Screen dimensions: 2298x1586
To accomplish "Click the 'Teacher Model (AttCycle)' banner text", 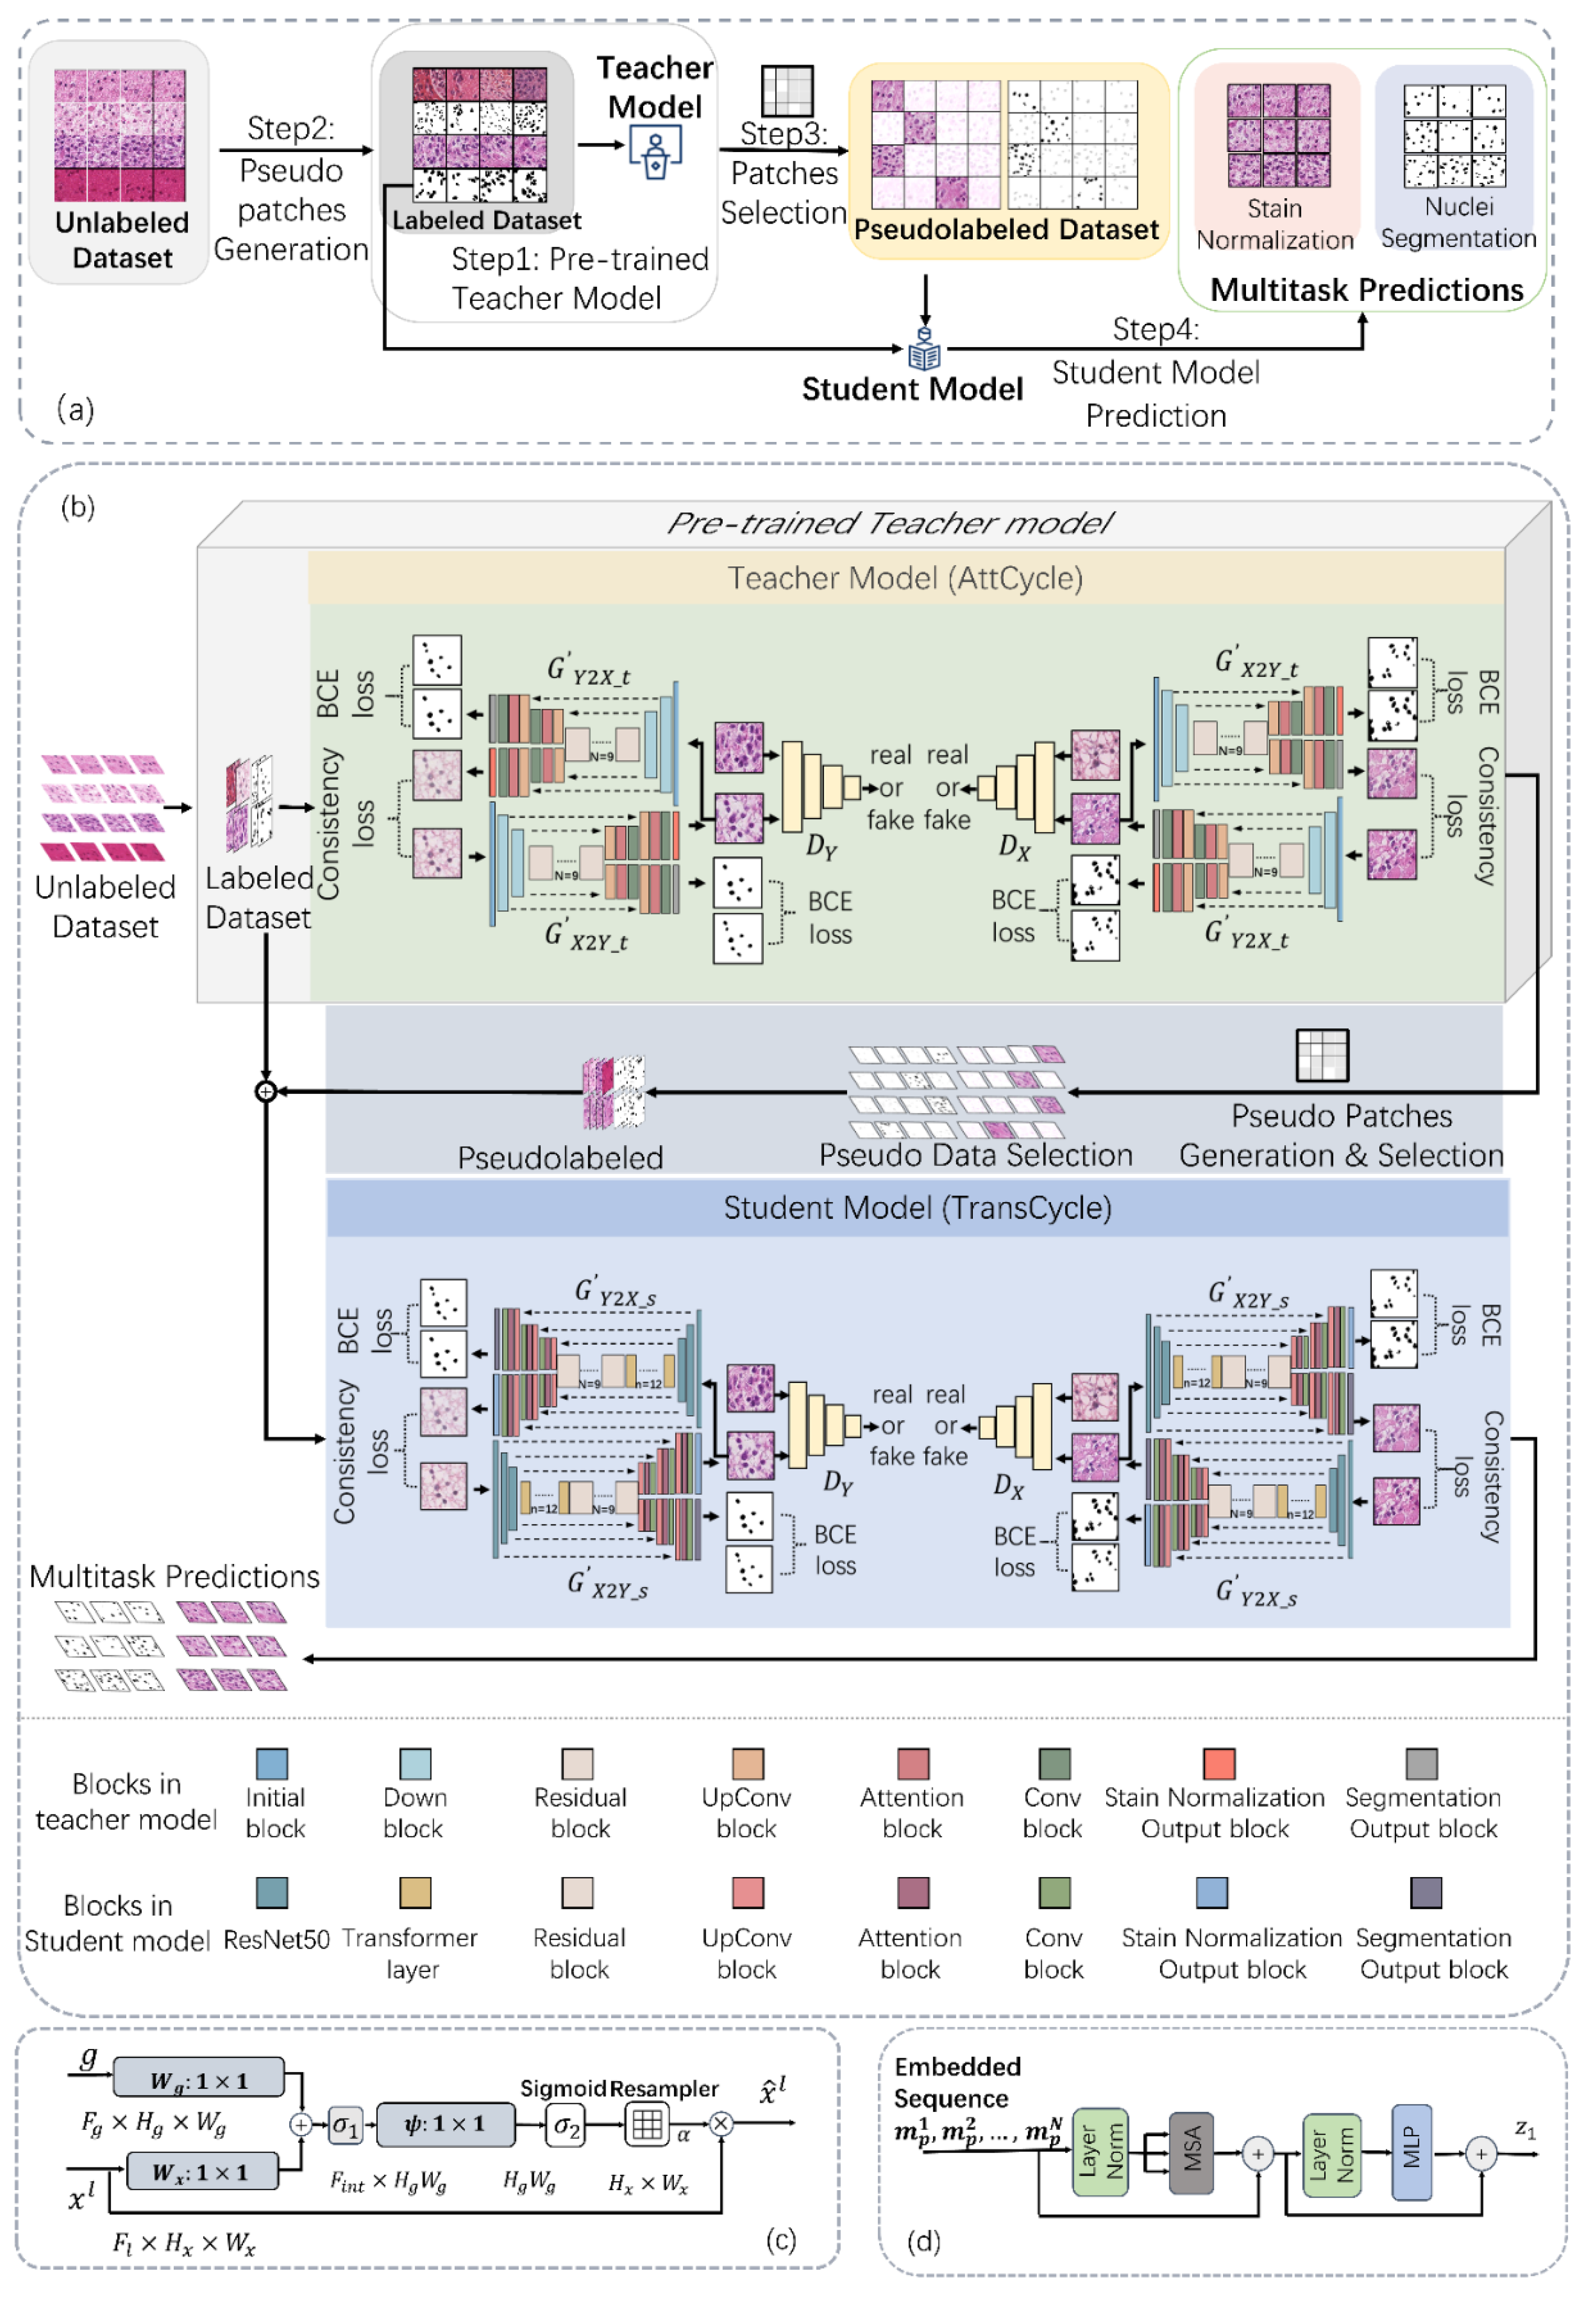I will [x=905, y=578].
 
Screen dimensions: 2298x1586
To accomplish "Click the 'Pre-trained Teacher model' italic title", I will [x=890, y=523].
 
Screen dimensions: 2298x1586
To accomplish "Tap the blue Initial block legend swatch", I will [x=272, y=1764].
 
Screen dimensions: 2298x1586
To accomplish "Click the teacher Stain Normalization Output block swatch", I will [x=1219, y=1764].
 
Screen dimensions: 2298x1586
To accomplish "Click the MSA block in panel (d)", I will [x=1191, y=2152].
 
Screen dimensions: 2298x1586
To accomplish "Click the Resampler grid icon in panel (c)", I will [x=647, y=2124].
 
